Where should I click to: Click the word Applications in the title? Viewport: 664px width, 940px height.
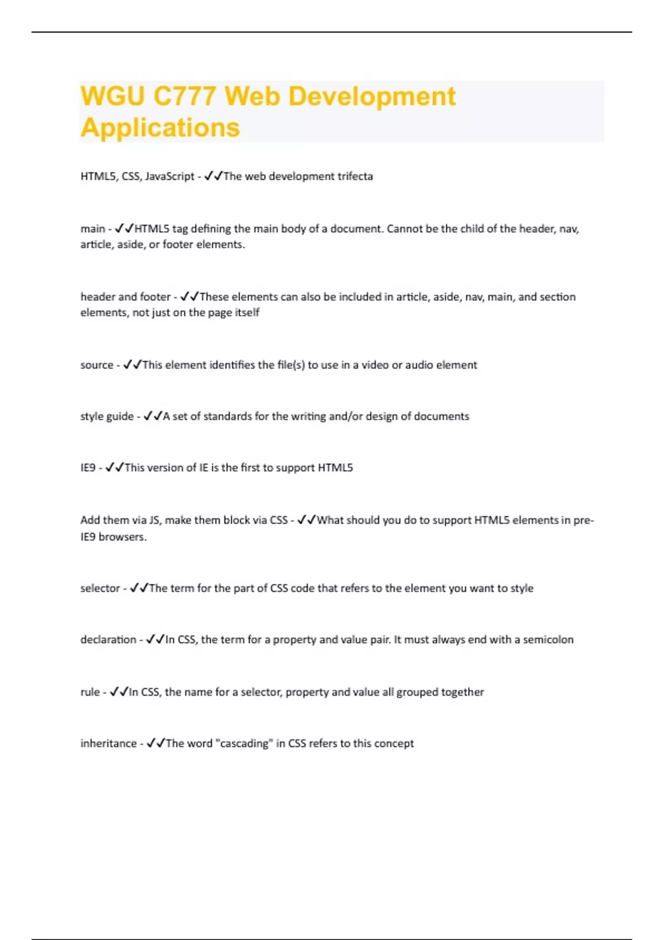[160, 128]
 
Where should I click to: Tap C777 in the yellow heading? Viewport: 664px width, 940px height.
[184, 96]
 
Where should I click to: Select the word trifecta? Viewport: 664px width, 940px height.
[355, 176]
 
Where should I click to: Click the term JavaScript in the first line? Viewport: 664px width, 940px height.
[169, 176]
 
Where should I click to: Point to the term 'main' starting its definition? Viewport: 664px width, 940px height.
[92, 229]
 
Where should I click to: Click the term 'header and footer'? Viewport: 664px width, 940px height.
[126, 297]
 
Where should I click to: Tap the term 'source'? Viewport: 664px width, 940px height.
[97, 365]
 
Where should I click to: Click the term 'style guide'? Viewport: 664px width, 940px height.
[107, 416]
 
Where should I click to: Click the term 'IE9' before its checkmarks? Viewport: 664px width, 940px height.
[88, 468]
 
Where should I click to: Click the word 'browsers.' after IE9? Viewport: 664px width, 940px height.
[122, 537]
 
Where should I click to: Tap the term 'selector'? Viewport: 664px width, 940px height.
[100, 588]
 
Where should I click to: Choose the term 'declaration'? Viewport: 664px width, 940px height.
[108, 640]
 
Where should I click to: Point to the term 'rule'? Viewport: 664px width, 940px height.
[90, 692]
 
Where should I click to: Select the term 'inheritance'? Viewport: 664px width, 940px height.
[108, 744]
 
